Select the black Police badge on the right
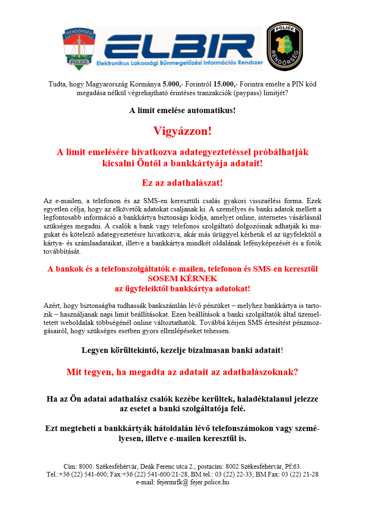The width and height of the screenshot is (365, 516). click(x=285, y=47)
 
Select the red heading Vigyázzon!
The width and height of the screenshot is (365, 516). click(x=182, y=131)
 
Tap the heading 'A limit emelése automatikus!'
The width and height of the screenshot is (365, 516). click(x=182, y=110)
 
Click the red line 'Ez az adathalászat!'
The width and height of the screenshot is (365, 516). click(x=182, y=182)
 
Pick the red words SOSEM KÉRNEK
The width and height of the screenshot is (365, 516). click(x=182, y=278)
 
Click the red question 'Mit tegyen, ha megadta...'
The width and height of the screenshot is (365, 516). click(x=182, y=372)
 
